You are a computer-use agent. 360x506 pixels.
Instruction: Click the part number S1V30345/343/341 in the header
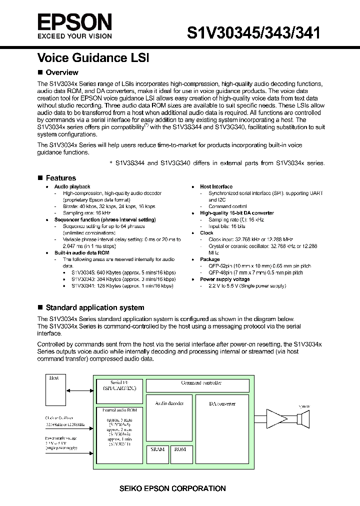(x=253, y=33)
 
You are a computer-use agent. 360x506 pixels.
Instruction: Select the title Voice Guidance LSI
(x=93, y=57)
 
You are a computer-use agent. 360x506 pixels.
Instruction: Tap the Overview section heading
(x=61, y=72)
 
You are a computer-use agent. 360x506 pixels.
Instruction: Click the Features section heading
(x=60, y=178)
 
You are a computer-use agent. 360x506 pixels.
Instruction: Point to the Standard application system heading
(x=94, y=307)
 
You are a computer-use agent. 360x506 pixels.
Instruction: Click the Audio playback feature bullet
(x=72, y=186)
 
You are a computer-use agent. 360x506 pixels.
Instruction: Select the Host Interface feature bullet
(x=216, y=186)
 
